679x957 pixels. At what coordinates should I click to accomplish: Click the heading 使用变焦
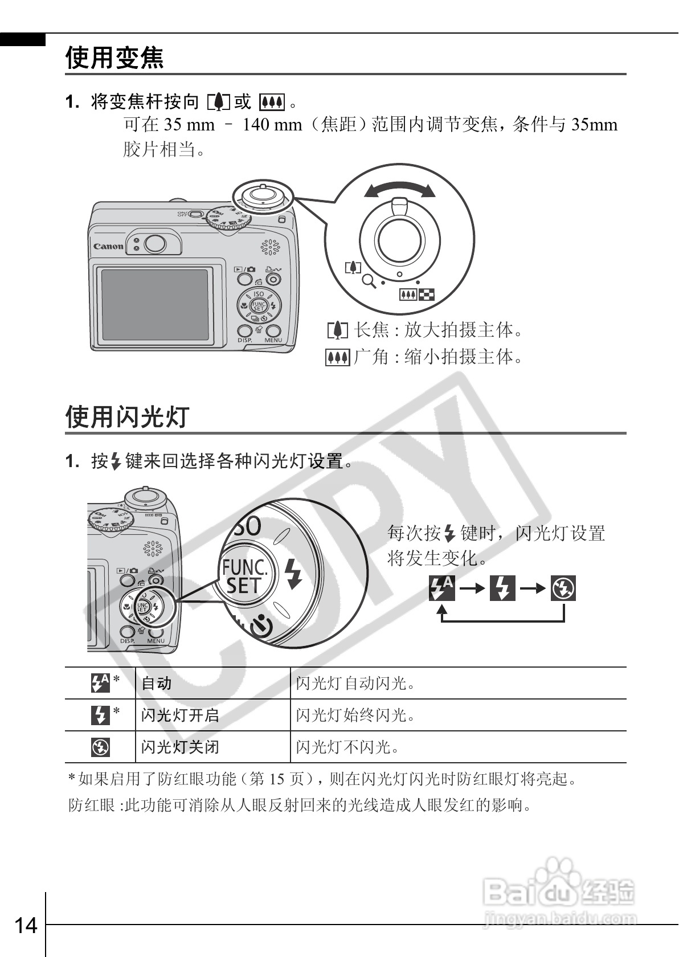pyautogui.click(x=114, y=58)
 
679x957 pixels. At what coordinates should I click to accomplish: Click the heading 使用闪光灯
pyautogui.click(x=127, y=416)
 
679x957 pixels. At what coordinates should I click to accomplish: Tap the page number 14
pyautogui.click(x=26, y=926)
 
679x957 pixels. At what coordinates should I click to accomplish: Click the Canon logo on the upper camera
pyautogui.click(x=108, y=247)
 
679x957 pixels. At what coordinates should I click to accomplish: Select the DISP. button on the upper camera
pyautogui.click(x=244, y=332)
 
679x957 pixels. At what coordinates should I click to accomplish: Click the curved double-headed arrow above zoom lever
pyautogui.click(x=399, y=189)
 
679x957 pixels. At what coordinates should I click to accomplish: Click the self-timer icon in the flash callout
pyautogui.click(x=261, y=625)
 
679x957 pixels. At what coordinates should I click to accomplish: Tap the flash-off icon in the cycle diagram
pyautogui.click(x=563, y=588)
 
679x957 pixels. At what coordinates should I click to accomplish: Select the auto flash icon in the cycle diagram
pyautogui.click(x=441, y=588)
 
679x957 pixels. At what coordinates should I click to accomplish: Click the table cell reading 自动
pyautogui.click(x=157, y=683)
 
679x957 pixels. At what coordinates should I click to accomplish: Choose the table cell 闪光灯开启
pyautogui.click(x=180, y=715)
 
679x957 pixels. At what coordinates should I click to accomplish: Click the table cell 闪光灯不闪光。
pyautogui.click(x=347, y=747)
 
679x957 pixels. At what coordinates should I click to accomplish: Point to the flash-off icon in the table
pyautogui.click(x=100, y=747)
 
